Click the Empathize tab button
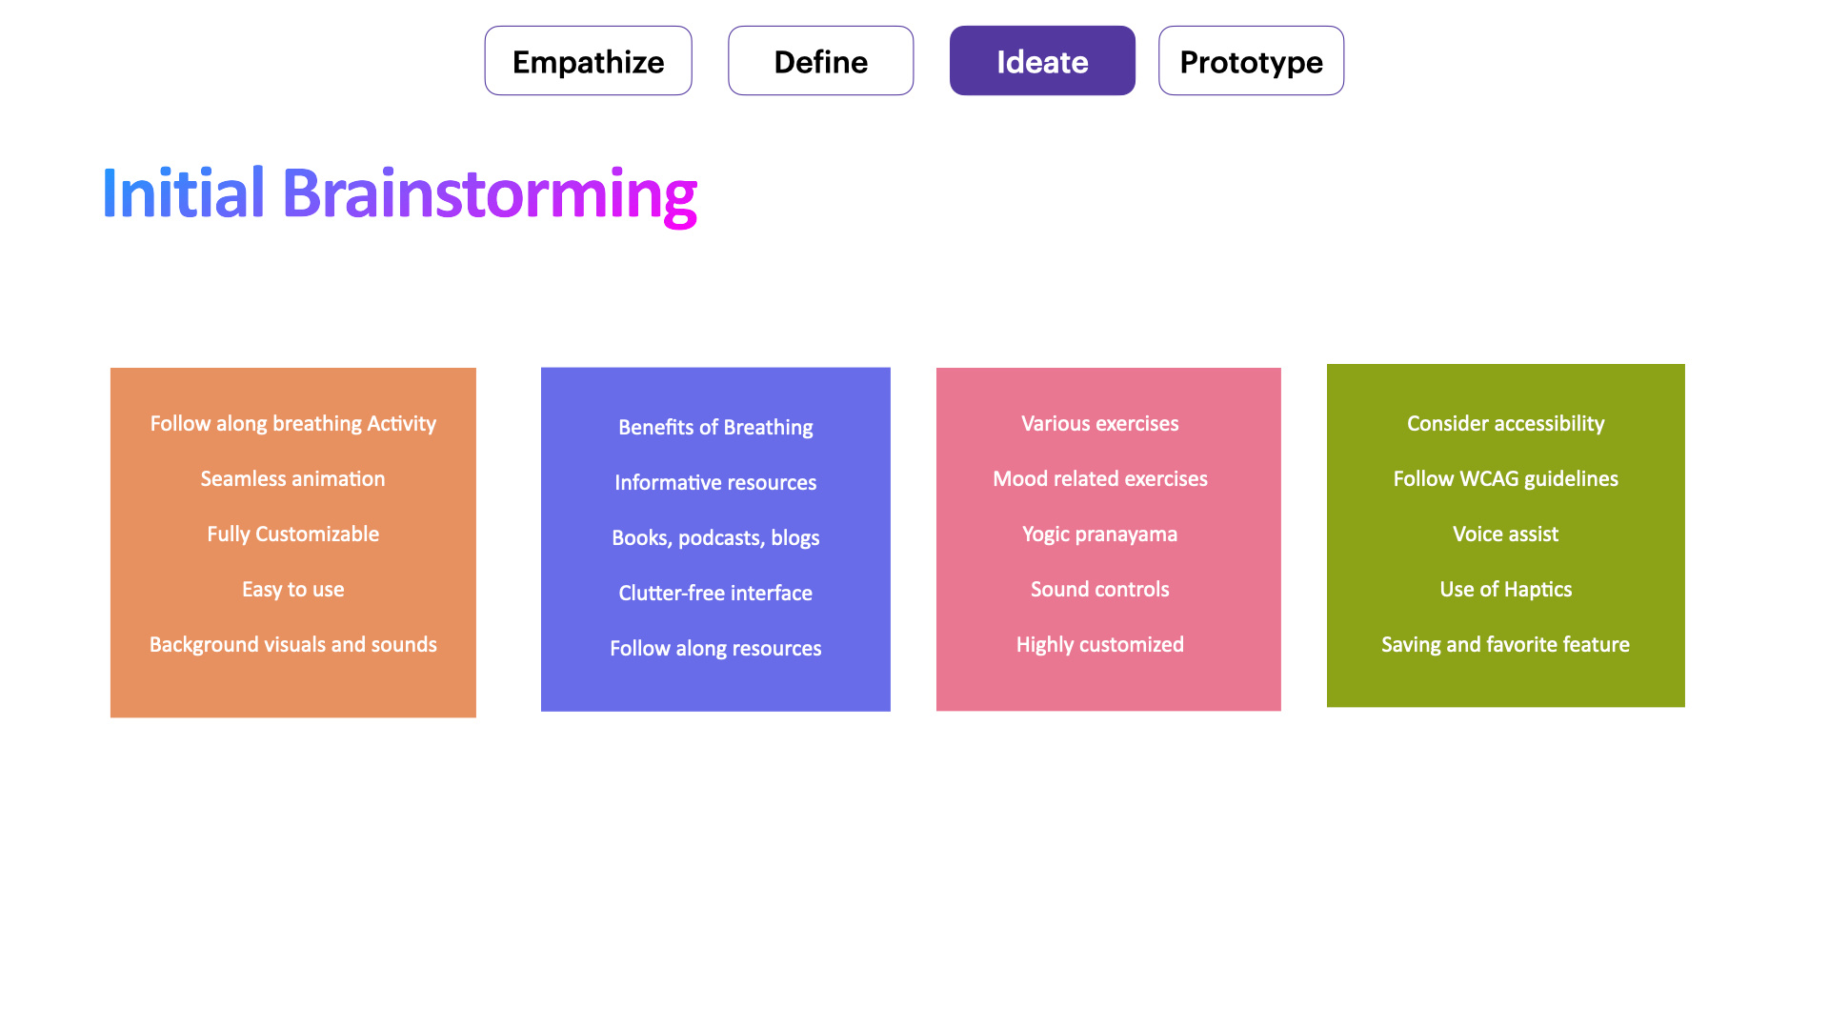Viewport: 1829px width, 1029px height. click(x=588, y=61)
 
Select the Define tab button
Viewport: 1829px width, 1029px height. click(x=820, y=61)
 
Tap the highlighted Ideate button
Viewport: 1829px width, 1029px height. click(x=1042, y=61)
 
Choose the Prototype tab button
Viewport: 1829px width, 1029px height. click(x=1251, y=61)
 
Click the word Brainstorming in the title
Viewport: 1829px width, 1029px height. click(x=489, y=194)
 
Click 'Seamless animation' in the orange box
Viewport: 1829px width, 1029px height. click(x=292, y=479)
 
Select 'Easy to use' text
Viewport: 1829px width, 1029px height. click(x=292, y=590)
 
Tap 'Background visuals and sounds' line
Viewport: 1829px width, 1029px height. click(x=292, y=645)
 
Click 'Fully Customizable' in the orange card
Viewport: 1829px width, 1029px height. click(x=292, y=535)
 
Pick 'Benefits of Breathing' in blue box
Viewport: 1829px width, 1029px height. click(x=715, y=428)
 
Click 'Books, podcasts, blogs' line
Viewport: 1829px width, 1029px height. click(x=715, y=538)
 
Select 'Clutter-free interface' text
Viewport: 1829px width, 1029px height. click(x=715, y=594)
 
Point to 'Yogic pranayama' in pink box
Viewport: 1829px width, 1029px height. click(x=1099, y=535)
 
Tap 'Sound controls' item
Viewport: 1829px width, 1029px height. click(x=1099, y=590)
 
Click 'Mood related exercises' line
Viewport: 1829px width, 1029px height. click(x=1099, y=479)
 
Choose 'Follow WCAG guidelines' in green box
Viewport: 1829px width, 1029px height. click(x=1505, y=479)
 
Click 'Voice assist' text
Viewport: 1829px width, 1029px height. click(x=1505, y=535)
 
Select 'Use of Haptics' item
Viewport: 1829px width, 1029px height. click(x=1505, y=590)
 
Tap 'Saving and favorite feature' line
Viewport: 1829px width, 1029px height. click(x=1505, y=645)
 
